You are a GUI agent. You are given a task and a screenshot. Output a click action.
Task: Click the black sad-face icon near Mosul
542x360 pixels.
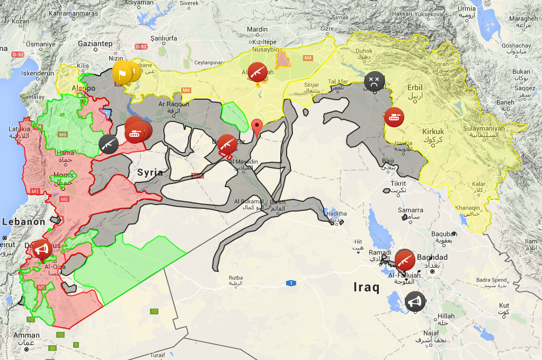tap(374, 81)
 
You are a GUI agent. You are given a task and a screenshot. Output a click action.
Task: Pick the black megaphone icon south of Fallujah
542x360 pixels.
tap(415, 301)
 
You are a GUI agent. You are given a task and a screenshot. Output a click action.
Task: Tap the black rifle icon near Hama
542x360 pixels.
tap(109, 144)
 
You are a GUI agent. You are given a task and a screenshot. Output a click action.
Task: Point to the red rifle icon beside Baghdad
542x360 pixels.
tap(405, 260)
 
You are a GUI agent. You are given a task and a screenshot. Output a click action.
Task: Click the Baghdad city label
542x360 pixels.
tap(432, 257)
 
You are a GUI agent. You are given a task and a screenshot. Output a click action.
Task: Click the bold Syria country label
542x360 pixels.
tap(150, 172)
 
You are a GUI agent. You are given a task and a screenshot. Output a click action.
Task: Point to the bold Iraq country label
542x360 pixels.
tap(366, 288)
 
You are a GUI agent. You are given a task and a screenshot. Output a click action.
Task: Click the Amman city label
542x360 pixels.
tap(26, 335)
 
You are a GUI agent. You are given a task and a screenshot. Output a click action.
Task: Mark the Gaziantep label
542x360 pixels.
tap(95, 43)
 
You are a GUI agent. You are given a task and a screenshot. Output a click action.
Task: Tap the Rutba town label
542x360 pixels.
tap(236, 277)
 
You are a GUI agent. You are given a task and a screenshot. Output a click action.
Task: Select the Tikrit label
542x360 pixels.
tap(398, 183)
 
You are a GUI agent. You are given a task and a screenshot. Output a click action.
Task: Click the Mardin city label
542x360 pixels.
tap(258, 29)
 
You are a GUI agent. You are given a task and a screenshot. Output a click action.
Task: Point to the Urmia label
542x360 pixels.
tap(467, 8)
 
